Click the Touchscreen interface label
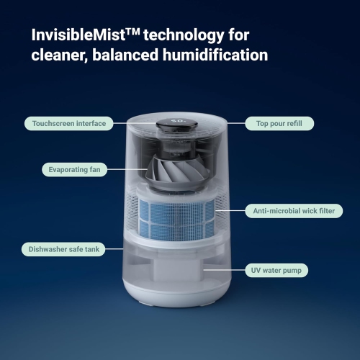[x=68, y=124]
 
